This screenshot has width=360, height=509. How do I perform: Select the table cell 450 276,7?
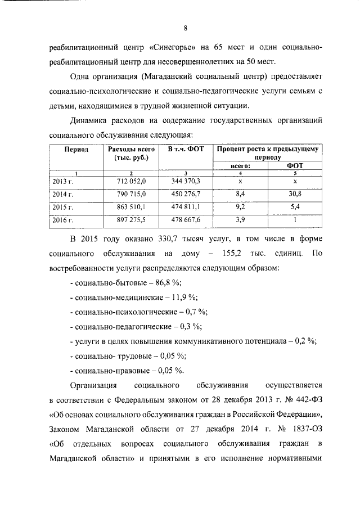(185, 195)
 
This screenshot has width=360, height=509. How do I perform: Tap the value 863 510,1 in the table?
(131, 207)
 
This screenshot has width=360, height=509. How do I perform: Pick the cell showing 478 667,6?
(185, 219)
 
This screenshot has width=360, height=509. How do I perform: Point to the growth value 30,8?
(294, 195)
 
